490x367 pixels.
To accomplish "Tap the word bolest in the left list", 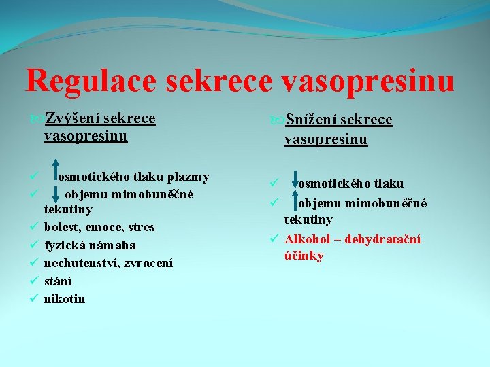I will [63, 227].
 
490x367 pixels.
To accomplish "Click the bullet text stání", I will [58, 281].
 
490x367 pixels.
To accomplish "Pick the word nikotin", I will [65, 299].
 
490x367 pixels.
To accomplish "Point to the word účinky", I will [304, 256].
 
